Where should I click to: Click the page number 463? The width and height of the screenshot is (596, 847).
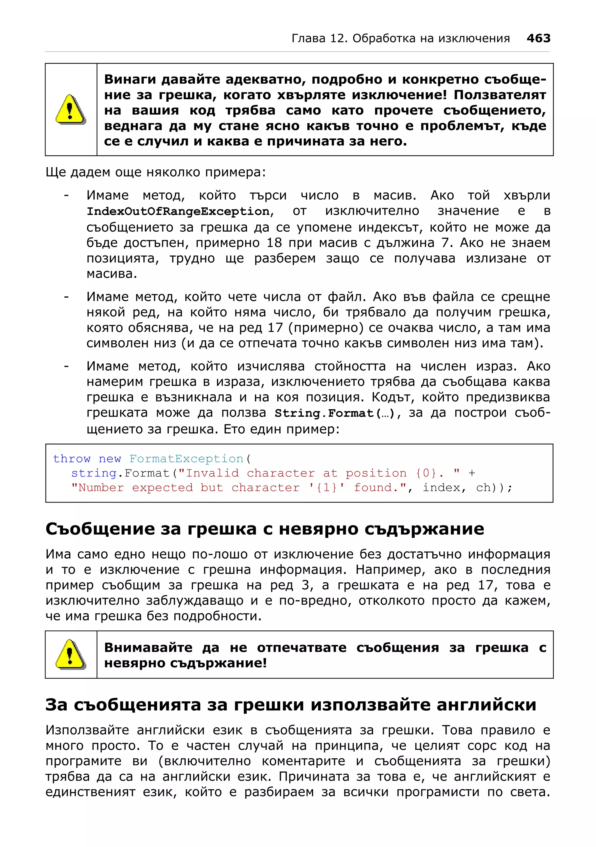click(x=538, y=38)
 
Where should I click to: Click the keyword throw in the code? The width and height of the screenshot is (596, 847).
click(x=72, y=459)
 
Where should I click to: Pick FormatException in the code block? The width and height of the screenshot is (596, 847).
click(x=186, y=459)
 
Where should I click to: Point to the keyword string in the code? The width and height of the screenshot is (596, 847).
click(x=94, y=473)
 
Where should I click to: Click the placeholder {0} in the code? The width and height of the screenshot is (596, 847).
click(x=426, y=473)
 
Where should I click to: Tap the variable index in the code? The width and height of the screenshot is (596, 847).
click(x=441, y=488)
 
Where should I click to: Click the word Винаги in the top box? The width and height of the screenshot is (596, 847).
click(x=130, y=79)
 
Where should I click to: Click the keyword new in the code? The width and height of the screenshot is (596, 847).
click(x=110, y=459)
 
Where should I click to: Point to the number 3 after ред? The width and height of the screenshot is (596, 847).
click(x=305, y=585)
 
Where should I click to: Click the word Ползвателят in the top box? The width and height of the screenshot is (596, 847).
click(x=500, y=95)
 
